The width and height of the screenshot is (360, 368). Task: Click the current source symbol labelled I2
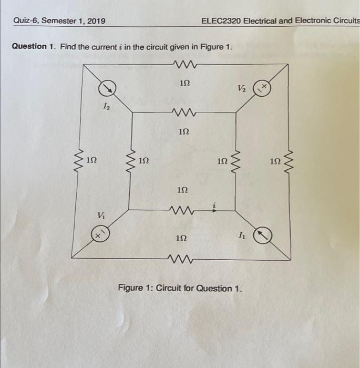108,88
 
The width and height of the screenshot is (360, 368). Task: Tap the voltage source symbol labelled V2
262,88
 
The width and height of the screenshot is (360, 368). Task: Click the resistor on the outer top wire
183,65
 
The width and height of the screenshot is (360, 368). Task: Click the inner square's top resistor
183,111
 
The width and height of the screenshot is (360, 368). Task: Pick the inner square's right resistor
235,158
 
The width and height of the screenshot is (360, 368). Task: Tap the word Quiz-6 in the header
26,21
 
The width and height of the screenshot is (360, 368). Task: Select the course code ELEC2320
221,21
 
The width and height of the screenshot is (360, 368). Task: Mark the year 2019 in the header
94,21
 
